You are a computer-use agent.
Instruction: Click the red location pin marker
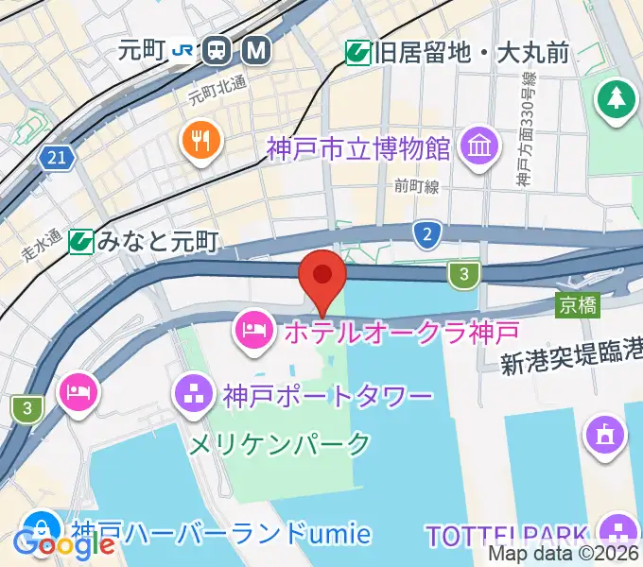tap(322, 276)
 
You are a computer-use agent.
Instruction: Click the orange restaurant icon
tap(201, 142)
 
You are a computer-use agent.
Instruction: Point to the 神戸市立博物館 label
tap(358, 148)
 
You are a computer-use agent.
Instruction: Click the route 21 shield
tap(58, 158)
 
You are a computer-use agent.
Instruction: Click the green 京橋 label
tap(577, 304)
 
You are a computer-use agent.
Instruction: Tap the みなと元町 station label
tap(157, 242)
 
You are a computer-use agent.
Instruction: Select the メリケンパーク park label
tap(280, 442)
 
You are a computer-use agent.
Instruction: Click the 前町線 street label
tap(417, 187)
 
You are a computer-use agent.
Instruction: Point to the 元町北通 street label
tap(217, 89)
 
